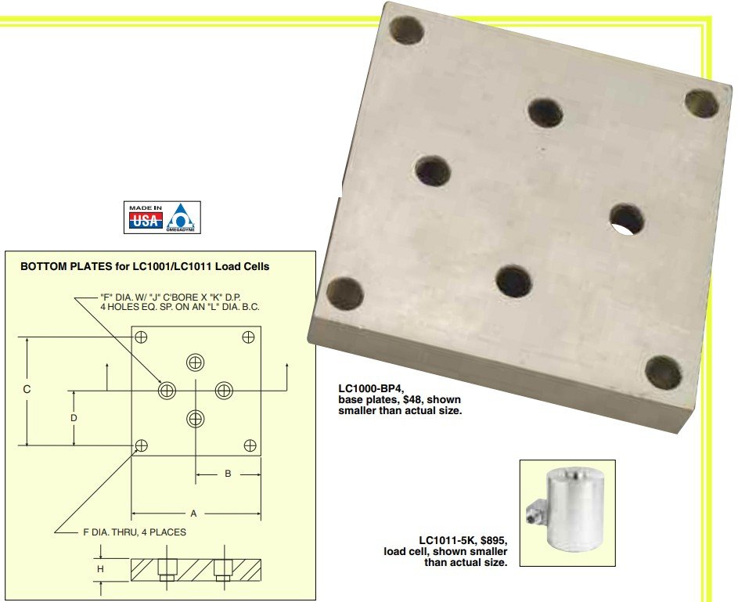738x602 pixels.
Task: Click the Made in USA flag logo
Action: click(146, 217)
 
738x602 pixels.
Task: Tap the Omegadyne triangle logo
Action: click(183, 218)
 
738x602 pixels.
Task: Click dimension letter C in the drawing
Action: click(27, 389)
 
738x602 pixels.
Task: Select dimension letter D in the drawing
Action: click(74, 418)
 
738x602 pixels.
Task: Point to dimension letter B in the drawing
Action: click(228, 474)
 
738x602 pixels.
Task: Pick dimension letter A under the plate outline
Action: click(193, 514)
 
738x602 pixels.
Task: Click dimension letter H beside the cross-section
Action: click(100, 569)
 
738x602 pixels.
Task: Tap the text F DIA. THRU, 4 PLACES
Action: click(135, 532)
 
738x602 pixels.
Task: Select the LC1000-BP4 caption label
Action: click(371, 388)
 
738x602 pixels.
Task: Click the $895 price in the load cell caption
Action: click(494, 540)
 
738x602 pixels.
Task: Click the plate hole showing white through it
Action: click(627, 220)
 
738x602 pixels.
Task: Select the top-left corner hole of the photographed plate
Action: click(407, 31)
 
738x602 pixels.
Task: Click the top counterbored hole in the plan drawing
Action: click(196, 362)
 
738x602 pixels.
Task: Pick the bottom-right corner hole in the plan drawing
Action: click(250, 445)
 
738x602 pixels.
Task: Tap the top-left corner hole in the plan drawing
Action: click(141, 337)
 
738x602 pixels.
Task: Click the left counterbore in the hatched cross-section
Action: click(167, 570)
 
